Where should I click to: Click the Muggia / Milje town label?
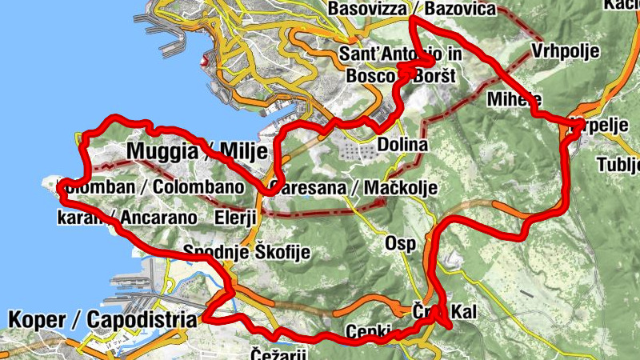tap(195, 152)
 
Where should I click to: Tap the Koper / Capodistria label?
tap(102, 320)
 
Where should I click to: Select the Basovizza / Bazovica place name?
tap(412, 10)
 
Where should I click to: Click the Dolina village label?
tap(402, 146)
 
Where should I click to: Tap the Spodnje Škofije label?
tap(246, 252)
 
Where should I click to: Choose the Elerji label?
tap(235, 218)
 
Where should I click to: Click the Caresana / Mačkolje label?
tap(354, 188)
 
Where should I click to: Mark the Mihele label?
tap(514, 99)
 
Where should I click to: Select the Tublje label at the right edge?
tap(619, 165)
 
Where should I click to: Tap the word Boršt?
tap(432, 76)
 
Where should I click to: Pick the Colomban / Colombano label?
tap(150, 187)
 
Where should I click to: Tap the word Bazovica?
tap(462, 10)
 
